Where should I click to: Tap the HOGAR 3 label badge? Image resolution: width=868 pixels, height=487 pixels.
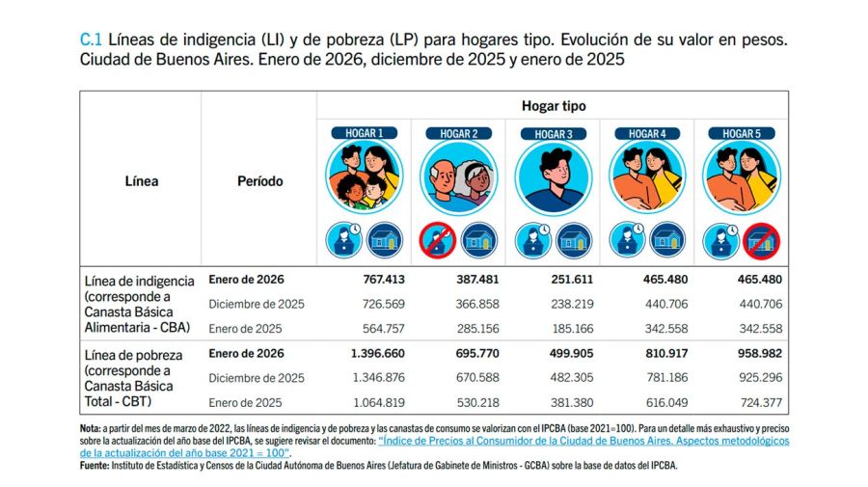(553, 133)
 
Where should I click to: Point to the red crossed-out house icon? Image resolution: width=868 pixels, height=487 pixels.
(761, 240)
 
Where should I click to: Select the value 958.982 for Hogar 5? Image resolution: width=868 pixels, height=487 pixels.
(756, 354)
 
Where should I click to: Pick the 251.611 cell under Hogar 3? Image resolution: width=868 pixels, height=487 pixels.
(567, 281)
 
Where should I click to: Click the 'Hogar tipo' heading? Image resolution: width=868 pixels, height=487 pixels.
(554, 106)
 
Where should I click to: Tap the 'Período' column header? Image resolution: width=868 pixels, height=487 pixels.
(260, 181)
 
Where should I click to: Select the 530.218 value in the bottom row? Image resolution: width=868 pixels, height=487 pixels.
(474, 402)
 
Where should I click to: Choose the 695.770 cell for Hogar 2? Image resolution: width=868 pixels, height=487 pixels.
(474, 354)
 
